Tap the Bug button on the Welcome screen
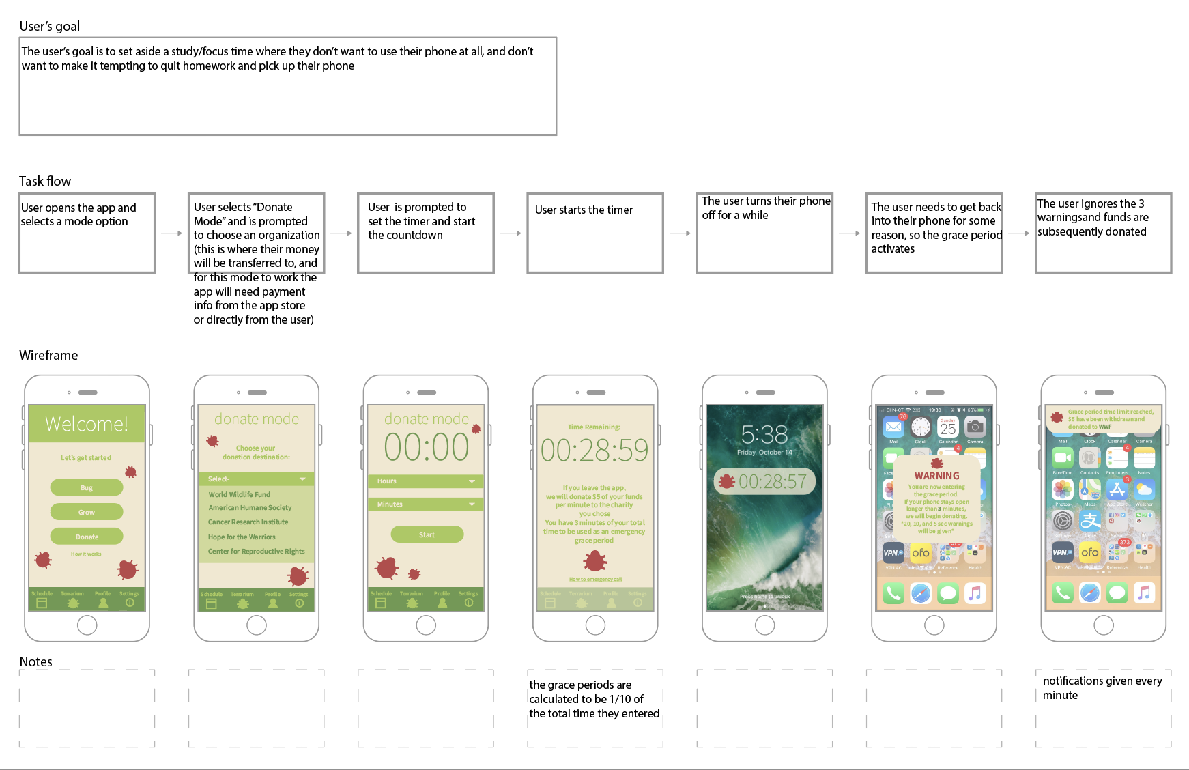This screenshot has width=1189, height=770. coord(87,487)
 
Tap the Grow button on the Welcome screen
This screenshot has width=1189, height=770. coord(87,512)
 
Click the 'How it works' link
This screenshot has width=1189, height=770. coord(86,554)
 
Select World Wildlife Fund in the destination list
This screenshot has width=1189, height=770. coord(240,494)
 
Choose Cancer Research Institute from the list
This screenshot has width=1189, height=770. coord(248,522)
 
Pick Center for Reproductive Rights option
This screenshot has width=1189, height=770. coord(257,552)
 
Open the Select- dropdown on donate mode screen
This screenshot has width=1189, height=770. coord(257,479)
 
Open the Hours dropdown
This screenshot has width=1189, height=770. coord(426,481)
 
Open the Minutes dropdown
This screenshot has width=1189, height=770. coord(426,504)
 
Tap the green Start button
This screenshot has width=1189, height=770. coord(427,534)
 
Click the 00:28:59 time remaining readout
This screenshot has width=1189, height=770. coord(594,451)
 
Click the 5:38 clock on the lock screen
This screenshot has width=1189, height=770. coord(764,435)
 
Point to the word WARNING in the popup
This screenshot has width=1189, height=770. coord(936,476)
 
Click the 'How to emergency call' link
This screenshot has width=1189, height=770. coord(595,580)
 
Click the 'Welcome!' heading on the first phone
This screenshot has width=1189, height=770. coord(87,424)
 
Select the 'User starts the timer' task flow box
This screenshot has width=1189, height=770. coord(594,233)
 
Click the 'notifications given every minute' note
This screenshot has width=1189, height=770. coord(1102,688)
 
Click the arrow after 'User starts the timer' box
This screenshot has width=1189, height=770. coord(680,233)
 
